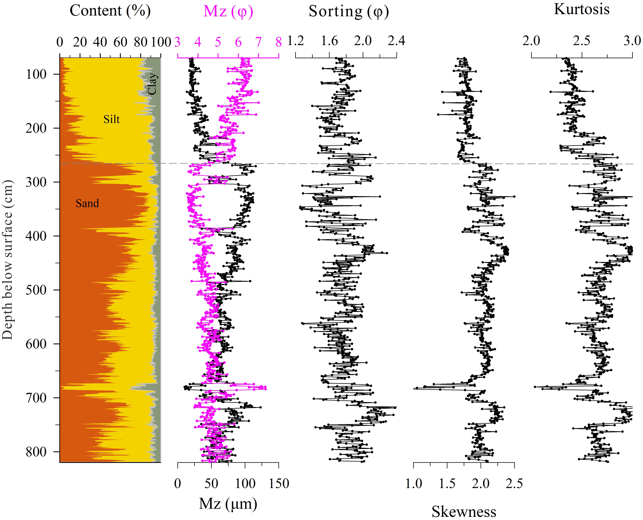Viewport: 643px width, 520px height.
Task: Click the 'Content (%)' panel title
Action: (110, 11)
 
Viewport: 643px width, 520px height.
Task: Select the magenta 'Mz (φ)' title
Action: (228, 11)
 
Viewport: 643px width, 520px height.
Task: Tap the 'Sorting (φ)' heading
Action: (349, 11)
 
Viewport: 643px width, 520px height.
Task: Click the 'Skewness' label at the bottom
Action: (464, 512)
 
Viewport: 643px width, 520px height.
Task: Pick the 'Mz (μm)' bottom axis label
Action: (228, 503)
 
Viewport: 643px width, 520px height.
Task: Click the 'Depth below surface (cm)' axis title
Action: (7, 260)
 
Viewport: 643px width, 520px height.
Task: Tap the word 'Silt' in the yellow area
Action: (111, 119)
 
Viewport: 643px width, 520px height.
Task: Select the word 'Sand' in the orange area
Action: (87, 203)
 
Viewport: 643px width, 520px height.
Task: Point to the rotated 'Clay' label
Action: (152, 84)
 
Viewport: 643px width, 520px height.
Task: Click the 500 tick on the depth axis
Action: (36, 290)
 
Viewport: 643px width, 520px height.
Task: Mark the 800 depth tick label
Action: (36, 452)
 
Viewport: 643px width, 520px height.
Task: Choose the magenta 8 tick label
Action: (279, 42)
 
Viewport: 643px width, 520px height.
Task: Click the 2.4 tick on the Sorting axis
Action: (396, 41)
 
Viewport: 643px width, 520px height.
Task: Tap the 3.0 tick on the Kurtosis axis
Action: (632, 41)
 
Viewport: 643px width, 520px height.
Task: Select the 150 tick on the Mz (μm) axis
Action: (279, 483)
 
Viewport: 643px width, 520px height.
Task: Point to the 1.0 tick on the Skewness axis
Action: (413, 483)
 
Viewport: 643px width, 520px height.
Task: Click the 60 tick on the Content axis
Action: (120, 42)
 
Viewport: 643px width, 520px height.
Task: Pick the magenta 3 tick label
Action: (177, 42)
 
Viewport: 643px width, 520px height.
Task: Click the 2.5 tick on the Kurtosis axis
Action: (581, 41)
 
